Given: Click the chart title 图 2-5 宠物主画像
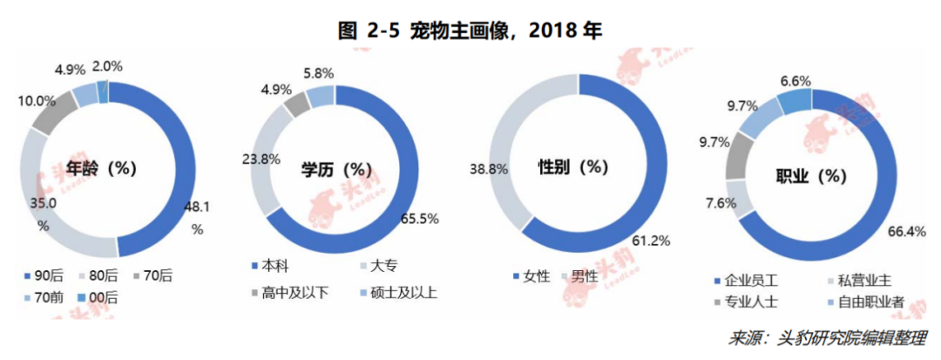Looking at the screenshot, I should [x=470, y=31].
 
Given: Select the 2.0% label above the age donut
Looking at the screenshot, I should [x=107, y=65].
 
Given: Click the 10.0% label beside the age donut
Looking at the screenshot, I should [x=37, y=100].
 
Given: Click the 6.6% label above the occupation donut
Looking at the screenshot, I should [x=795, y=81].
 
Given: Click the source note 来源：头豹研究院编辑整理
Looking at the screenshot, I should [x=827, y=338].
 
